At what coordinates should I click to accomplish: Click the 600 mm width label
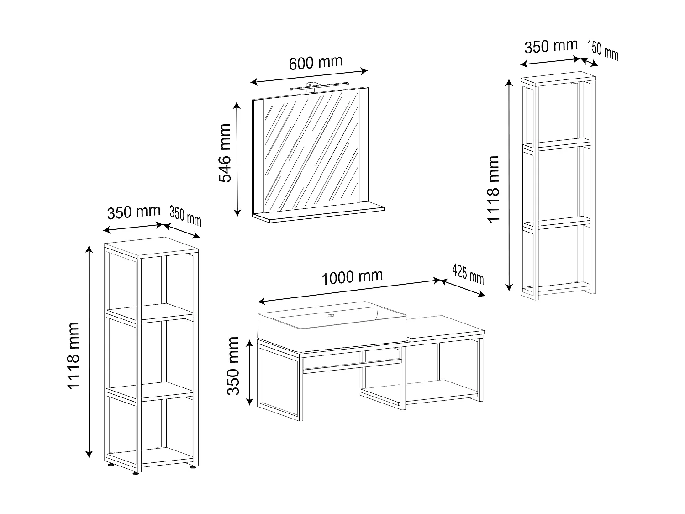click(316, 63)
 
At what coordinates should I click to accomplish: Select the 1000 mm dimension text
click(352, 277)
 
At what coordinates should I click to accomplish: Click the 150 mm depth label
click(602, 50)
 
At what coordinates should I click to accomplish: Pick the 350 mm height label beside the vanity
click(233, 366)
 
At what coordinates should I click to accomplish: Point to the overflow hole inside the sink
click(332, 315)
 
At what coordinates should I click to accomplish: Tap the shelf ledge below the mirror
click(318, 213)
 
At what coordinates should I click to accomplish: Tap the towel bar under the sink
click(352, 362)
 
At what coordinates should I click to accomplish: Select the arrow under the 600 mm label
click(309, 76)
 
